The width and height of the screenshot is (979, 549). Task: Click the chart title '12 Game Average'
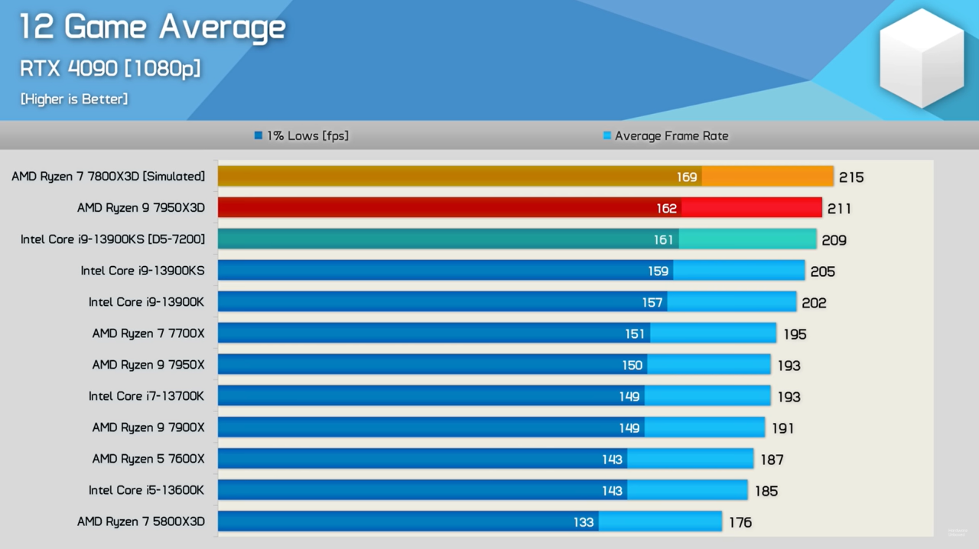(152, 28)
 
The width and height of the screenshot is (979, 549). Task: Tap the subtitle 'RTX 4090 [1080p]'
(110, 68)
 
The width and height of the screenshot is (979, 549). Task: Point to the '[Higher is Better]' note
(74, 99)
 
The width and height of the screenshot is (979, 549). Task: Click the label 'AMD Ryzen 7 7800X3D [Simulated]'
(109, 177)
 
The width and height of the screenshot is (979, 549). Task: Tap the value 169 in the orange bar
(686, 177)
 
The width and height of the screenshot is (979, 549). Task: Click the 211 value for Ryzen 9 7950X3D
(839, 209)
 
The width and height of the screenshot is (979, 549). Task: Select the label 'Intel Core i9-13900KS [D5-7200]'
(113, 239)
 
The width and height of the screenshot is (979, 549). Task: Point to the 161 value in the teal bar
(663, 240)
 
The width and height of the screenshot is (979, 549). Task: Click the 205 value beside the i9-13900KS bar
(823, 271)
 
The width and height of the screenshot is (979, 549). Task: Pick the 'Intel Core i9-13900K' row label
(147, 302)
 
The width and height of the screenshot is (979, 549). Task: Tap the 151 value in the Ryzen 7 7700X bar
(635, 334)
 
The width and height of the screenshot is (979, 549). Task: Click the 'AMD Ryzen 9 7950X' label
(148, 365)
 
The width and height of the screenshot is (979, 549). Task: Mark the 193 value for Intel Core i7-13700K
(789, 397)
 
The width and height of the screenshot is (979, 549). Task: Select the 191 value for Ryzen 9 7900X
(782, 428)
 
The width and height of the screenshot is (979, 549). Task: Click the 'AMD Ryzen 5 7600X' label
(148, 459)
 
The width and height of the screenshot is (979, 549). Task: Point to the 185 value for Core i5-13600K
(766, 491)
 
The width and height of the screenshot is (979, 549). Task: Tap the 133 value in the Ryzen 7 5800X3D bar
(584, 522)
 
